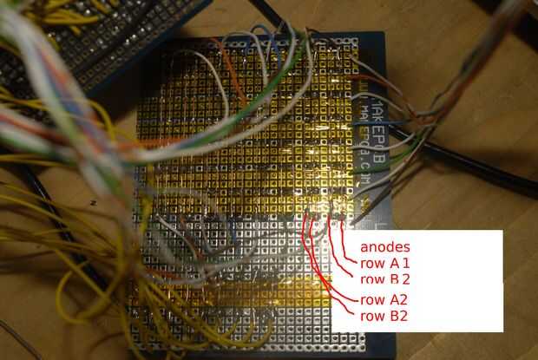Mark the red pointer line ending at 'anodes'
point(347,239)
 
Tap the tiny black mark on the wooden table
point(93,202)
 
